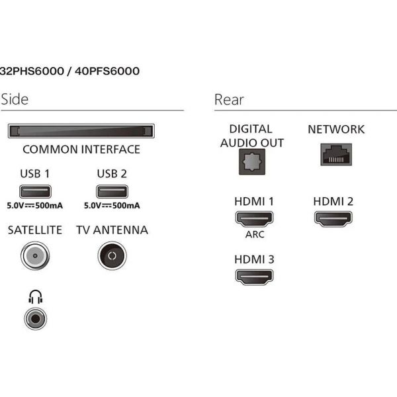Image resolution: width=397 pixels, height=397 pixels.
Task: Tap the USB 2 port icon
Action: tap(110, 193)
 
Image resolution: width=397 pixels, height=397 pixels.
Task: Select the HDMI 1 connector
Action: tap(254, 219)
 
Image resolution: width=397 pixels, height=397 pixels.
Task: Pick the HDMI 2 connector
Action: tap(333, 219)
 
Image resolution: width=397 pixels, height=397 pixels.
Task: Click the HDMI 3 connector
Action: tap(254, 277)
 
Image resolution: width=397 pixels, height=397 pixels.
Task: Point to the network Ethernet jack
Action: tap(336, 155)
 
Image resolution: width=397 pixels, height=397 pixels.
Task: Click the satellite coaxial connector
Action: tap(34, 255)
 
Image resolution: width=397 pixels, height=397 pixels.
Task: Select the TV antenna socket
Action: tap(112, 255)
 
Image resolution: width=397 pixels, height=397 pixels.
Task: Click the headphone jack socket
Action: tap(34, 318)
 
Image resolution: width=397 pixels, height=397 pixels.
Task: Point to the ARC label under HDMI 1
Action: tap(254, 234)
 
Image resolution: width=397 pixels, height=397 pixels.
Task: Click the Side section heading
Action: tap(15, 99)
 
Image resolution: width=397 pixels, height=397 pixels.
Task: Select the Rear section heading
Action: tap(229, 99)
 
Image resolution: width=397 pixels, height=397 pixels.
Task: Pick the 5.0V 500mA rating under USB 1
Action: tap(34, 206)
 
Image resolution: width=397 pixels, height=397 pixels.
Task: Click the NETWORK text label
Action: tap(336, 129)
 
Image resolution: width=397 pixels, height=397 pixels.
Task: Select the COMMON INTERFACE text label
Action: tap(81, 149)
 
